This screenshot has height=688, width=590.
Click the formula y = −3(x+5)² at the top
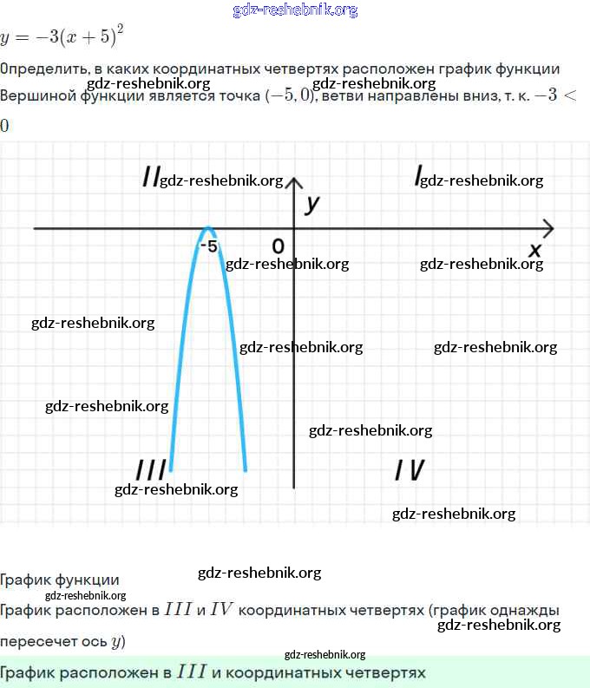pyautogui.click(x=62, y=37)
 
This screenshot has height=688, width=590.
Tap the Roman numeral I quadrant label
pyautogui.click(x=418, y=178)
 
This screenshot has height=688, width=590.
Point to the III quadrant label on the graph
pyautogui.click(x=151, y=470)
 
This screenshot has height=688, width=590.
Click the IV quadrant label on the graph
pyautogui.click(x=410, y=470)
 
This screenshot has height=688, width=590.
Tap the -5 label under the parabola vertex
pyautogui.click(x=208, y=246)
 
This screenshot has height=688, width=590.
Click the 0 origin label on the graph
pyautogui.click(x=278, y=246)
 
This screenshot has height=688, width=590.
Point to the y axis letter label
pyautogui.click(x=312, y=204)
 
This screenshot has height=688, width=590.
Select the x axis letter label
pyautogui.click(x=535, y=250)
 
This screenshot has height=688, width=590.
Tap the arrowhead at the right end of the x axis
pyautogui.click(x=547, y=228)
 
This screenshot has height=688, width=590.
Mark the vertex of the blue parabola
pyautogui.click(x=207, y=228)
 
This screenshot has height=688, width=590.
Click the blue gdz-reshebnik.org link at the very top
pyautogui.click(x=295, y=10)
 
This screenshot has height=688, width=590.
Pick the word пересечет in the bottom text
pyautogui.click(x=36, y=643)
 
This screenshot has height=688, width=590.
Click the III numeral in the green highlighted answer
pyautogui.click(x=191, y=672)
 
